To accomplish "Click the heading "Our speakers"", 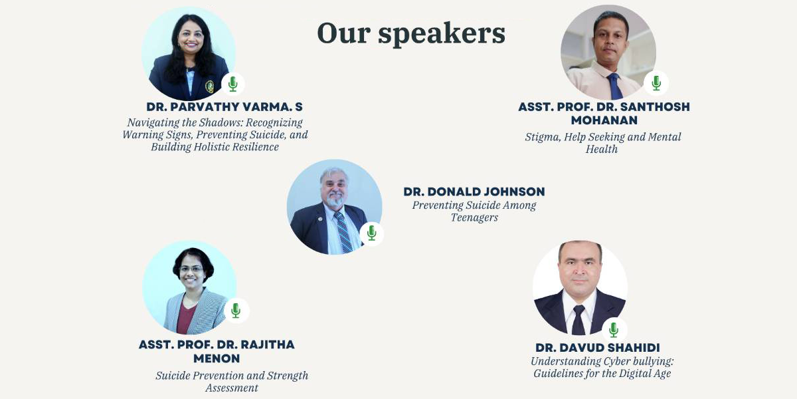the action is [x=411, y=34].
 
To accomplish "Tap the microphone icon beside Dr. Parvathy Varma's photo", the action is [x=233, y=84].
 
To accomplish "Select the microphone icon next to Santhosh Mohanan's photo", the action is [x=656, y=83].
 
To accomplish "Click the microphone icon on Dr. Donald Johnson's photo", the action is [x=372, y=233].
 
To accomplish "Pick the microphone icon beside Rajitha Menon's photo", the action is [x=236, y=311].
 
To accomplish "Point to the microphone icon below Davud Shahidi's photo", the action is [x=614, y=330].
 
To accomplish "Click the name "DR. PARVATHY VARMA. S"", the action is [x=224, y=106].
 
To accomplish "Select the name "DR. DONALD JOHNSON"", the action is [x=474, y=192].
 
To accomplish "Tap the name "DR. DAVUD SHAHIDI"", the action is [x=597, y=348].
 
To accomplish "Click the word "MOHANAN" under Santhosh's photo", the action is [x=604, y=120].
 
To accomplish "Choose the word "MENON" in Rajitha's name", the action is [x=217, y=358].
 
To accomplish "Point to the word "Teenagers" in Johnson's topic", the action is [x=474, y=217].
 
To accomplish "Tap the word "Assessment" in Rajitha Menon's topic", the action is [x=232, y=388].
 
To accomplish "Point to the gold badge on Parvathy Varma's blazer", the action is [x=210, y=86].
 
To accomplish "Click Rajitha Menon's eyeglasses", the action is [x=191, y=269].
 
